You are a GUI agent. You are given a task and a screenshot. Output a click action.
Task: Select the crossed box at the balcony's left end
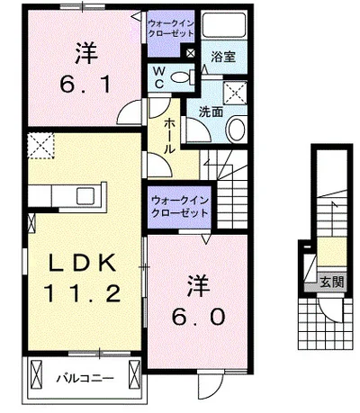click(37, 374)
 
